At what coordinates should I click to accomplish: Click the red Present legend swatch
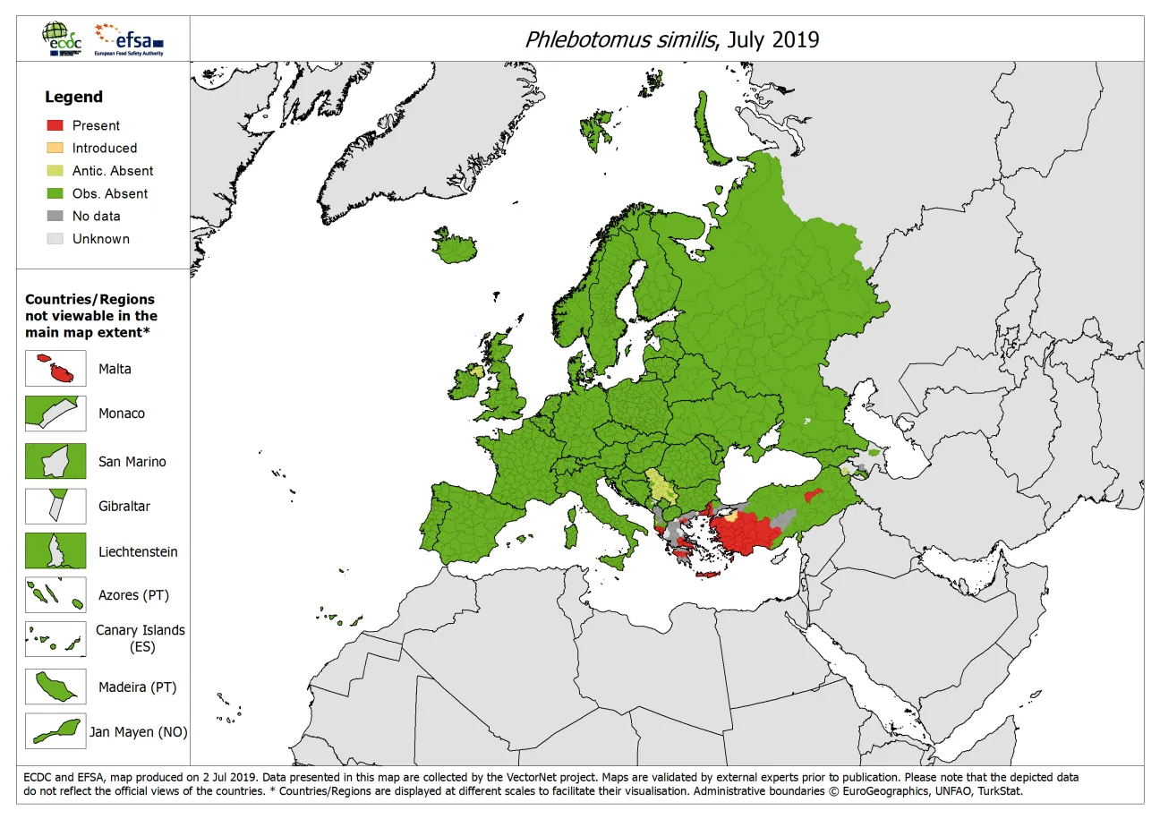[55, 125]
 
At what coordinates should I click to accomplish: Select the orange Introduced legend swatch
[55, 148]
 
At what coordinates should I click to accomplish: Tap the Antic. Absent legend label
[112, 171]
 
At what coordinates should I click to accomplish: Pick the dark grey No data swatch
[55, 216]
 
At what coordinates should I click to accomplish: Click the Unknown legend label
[100, 239]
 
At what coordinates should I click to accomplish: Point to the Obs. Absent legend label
[109, 193]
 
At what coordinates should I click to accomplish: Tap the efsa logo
[131, 39]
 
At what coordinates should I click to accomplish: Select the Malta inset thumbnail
[55, 368]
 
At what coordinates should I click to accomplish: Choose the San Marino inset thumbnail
[55, 461]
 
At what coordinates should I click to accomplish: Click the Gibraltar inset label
[124, 507]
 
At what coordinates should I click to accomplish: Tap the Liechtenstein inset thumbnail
[55, 550]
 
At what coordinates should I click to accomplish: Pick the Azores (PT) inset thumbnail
[55, 594]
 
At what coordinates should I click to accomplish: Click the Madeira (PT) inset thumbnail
[55, 687]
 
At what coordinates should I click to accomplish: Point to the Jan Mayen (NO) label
[138, 732]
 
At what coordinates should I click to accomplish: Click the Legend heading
[74, 97]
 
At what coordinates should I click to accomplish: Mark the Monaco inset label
[121, 414]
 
